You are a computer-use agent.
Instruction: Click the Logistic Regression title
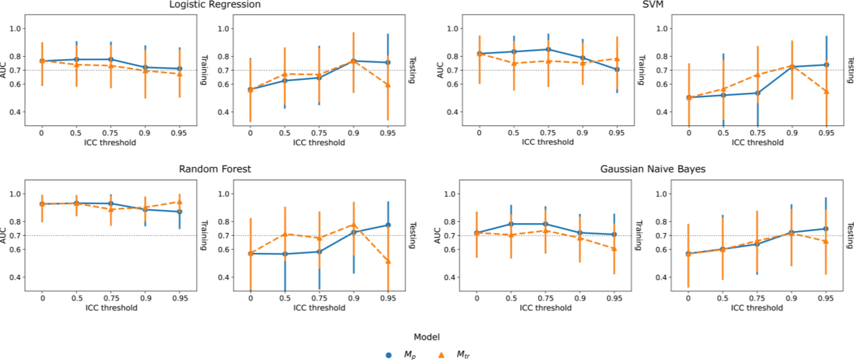click(215, 5)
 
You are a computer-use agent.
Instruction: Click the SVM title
click(653, 5)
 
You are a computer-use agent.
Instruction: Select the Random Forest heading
click(215, 169)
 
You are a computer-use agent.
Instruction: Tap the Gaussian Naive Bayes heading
click(653, 169)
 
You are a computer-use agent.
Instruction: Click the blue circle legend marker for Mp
click(388, 355)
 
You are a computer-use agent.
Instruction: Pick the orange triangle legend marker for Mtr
click(441, 354)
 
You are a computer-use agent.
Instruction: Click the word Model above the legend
click(426, 337)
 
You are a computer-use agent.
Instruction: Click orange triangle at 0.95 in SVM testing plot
click(826, 91)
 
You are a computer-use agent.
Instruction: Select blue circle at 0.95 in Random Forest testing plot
click(388, 225)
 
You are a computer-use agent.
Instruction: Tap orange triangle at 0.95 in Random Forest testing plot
click(388, 261)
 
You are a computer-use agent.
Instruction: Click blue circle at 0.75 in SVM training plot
click(548, 49)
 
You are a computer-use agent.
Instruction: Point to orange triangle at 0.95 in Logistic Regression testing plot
click(388, 85)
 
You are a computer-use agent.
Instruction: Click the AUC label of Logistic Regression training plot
click(3, 70)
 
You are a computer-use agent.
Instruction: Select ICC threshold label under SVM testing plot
click(757, 143)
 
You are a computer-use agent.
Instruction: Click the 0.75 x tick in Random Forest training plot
click(111, 298)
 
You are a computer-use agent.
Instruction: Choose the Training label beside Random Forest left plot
click(204, 235)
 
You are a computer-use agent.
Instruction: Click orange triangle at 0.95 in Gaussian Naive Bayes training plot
click(614, 249)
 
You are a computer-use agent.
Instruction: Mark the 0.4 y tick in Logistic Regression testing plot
click(223, 112)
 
